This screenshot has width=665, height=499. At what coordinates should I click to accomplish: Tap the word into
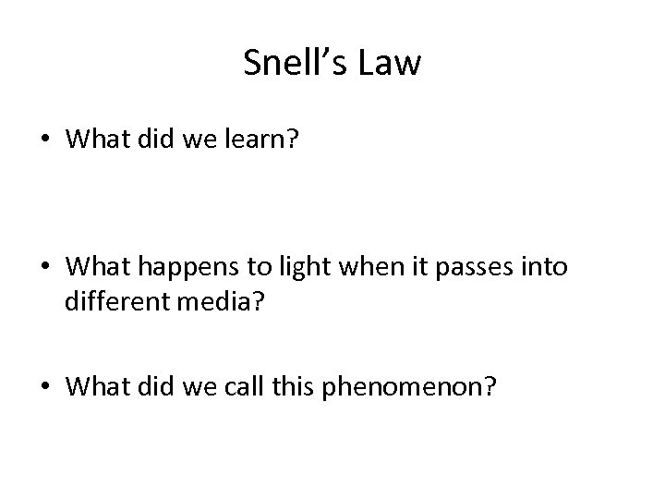tap(546, 267)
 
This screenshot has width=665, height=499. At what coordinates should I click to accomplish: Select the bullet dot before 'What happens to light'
tap(44, 268)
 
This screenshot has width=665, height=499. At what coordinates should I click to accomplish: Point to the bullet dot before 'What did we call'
tap(44, 387)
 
